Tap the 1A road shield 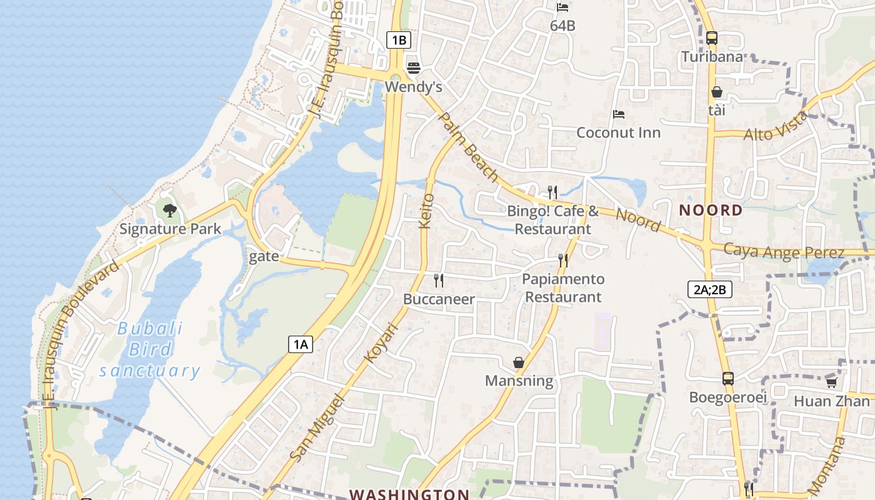[301, 344]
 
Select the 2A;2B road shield [709, 289]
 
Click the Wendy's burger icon [413, 67]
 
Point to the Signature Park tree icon [169, 211]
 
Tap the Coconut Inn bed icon [619, 114]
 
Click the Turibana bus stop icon [712, 38]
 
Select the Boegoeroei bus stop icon [728, 379]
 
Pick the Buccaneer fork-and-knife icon [439, 281]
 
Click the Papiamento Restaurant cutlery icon [563, 261]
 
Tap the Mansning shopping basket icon [519, 362]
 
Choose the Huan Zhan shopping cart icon [831, 382]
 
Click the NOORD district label [711, 210]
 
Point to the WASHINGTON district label [409, 494]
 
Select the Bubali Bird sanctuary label [150, 349]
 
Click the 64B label [562, 26]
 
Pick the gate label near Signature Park [264, 257]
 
